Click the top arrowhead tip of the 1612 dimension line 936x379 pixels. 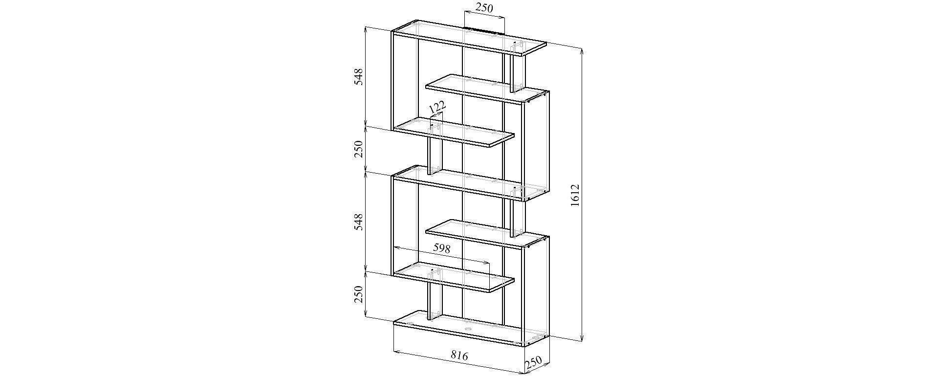(581, 49)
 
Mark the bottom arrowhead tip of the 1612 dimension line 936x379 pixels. (581, 340)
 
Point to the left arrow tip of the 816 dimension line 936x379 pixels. (393, 351)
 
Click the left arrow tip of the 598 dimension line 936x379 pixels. (393, 247)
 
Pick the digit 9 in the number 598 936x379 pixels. (442, 248)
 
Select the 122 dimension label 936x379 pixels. (437, 107)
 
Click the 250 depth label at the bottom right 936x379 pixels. (534, 363)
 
